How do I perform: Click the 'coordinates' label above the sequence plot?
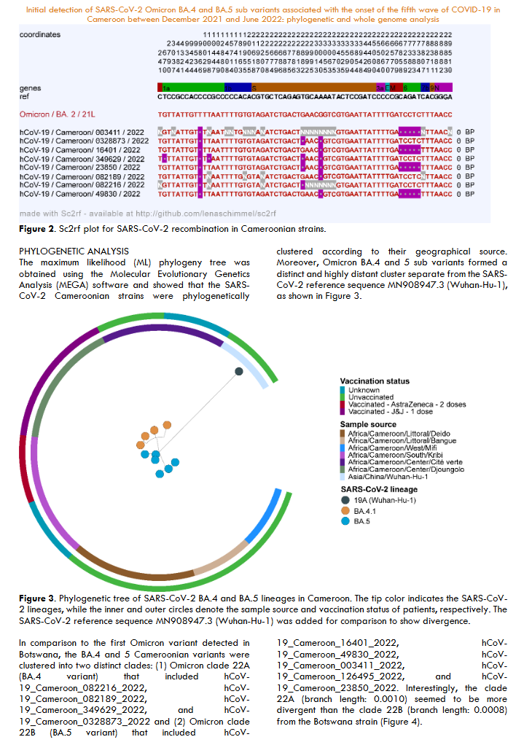point(40,35)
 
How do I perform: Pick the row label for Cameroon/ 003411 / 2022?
point(80,130)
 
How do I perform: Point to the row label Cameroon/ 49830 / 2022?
point(80,194)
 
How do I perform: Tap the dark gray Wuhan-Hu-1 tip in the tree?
point(238,372)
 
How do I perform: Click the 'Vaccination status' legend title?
point(375,381)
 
